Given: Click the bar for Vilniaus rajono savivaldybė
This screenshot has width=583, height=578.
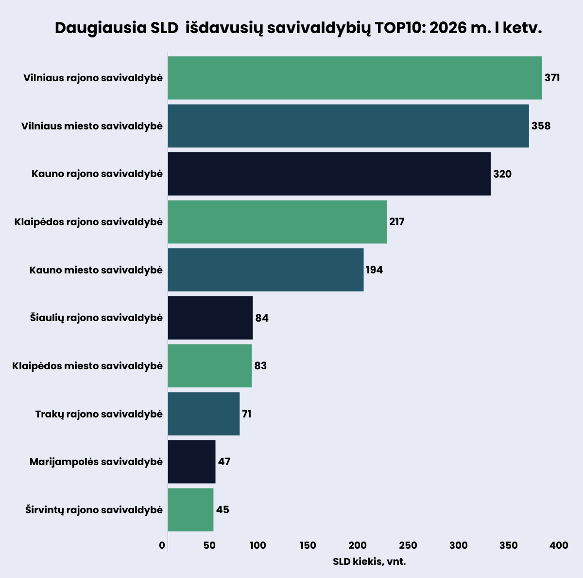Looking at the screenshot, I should (x=355, y=78).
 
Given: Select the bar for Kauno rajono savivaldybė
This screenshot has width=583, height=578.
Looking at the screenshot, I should (x=329, y=174).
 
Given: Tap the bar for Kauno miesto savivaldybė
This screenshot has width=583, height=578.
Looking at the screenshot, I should (x=266, y=270).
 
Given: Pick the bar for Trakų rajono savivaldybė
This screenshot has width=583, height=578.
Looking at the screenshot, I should (x=204, y=414).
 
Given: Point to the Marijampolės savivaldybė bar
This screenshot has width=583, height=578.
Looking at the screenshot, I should (x=191, y=462).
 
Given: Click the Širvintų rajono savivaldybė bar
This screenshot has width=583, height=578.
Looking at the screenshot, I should (x=190, y=510).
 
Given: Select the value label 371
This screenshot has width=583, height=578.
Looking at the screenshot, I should (x=552, y=78).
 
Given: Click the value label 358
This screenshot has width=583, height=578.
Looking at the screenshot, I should (x=541, y=126).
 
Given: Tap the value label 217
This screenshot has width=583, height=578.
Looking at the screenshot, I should (x=397, y=222).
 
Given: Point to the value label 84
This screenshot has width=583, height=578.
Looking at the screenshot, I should (x=262, y=318).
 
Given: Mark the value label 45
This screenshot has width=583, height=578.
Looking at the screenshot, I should (x=223, y=510).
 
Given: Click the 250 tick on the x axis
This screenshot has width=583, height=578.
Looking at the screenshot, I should (x=408, y=545).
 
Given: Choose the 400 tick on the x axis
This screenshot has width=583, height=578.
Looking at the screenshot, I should (x=559, y=545).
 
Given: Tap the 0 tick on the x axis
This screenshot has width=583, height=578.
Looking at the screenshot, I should (x=162, y=545).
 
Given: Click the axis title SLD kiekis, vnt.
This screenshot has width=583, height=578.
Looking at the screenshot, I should (x=369, y=562).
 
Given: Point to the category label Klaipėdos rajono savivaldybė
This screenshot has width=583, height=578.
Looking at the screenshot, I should (x=88, y=222).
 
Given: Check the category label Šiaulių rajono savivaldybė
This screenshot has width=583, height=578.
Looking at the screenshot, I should (x=96, y=318).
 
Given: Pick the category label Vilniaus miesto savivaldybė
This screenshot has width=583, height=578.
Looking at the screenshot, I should (x=92, y=126).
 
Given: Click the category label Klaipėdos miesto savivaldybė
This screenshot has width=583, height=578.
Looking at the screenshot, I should (x=87, y=366).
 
